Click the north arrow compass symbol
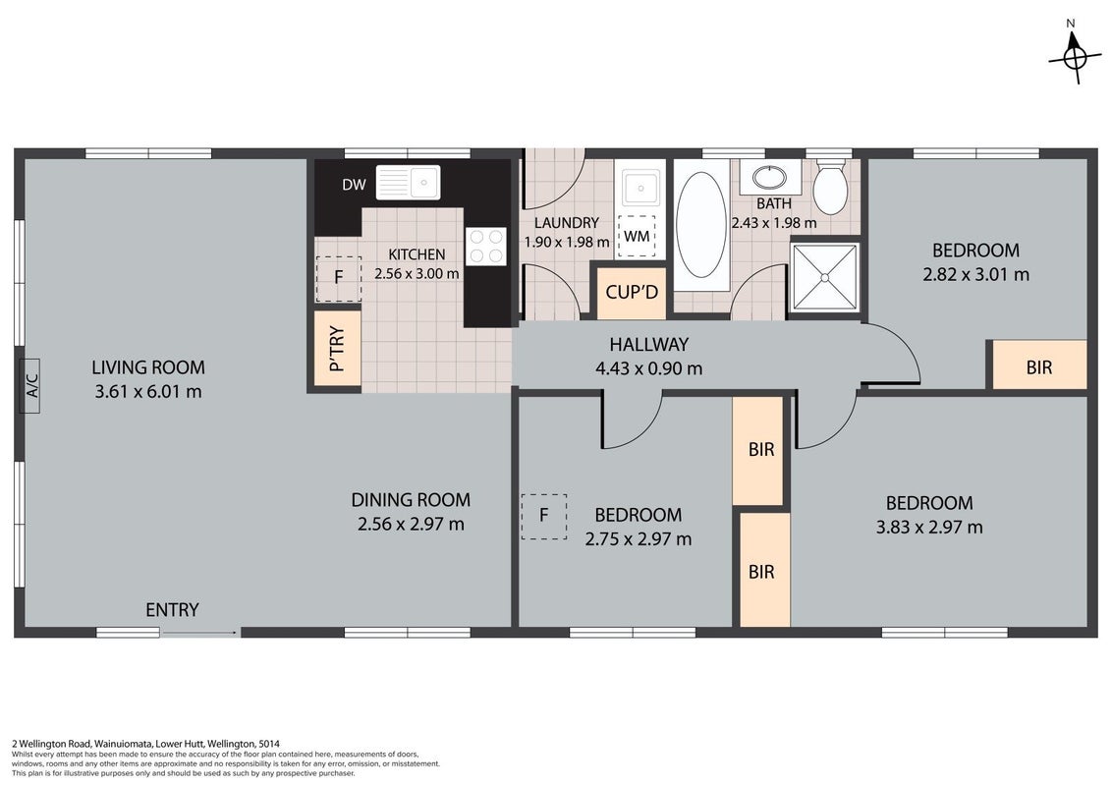click(1075, 57)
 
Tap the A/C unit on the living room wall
click(31, 386)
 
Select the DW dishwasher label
click(354, 185)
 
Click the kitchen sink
click(408, 183)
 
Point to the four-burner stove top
click(486, 247)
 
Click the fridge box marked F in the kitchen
click(339, 278)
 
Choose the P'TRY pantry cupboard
click(338, 349)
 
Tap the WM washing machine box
click(637, 236)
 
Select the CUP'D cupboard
click(632, 292)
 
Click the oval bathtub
click(701, 224)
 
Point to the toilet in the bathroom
click(830, 186)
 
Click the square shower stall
click(825, 277)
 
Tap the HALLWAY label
click(649, 345)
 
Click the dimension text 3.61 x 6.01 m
click(148, 391)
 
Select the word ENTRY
click(172, 610)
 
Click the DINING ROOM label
click(411, 500)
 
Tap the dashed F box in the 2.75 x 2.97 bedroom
click(544, 517)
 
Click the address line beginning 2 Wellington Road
click(146, 744)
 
